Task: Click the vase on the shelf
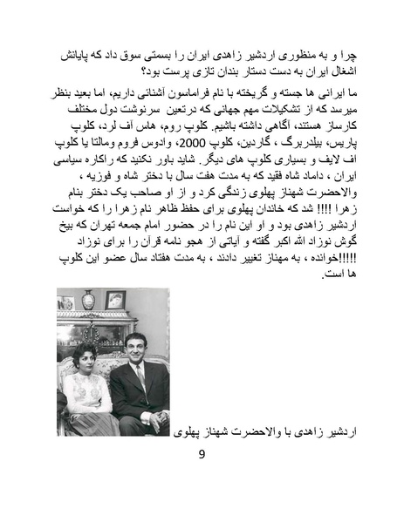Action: tap(88, 300)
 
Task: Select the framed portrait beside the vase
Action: tap(114, 301)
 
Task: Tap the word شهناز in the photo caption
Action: tap(229, 430)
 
